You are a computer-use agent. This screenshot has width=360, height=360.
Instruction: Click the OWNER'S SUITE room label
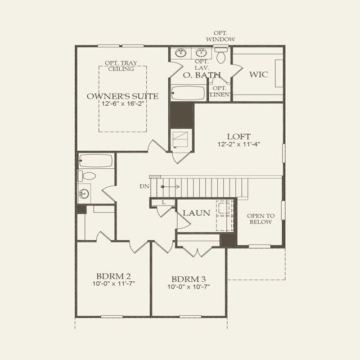tap(123, 96)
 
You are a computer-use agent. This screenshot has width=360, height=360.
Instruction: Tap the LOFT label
tap(238, 137)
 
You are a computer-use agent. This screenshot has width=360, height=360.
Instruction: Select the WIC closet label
tap(259, 74)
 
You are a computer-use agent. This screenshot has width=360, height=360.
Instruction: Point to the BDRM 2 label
tap(114, 276)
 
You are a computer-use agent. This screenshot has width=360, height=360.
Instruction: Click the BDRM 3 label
tap(188, 279)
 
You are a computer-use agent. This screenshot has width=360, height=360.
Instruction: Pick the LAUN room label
tap(196, 213)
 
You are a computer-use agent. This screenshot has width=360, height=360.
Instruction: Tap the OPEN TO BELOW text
tap(260, 219)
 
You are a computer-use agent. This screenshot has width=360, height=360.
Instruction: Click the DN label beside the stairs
tap(145, 186)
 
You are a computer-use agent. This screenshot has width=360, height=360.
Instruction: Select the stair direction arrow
tap(170, 187)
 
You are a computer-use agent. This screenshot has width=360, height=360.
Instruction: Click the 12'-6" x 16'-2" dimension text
tap(123, 103)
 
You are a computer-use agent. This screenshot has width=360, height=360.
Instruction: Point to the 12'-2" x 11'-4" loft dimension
tap(238, 144)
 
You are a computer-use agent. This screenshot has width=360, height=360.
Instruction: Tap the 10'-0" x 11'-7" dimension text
tap(114, 283)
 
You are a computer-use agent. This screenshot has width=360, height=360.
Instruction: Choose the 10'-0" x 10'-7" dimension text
tap(189, 287)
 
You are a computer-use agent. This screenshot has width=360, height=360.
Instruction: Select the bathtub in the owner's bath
tap(188, 93)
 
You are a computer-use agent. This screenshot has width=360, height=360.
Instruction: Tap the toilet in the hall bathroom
tap(87, 176)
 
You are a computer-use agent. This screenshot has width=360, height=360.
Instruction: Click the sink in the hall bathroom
tap(84, 193)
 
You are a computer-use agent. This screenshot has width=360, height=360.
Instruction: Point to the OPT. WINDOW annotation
tap(220, 36)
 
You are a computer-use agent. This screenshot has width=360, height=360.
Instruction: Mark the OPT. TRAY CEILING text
tap(121, 66)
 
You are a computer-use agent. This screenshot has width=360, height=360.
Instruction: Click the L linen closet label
tap(164, 202)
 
